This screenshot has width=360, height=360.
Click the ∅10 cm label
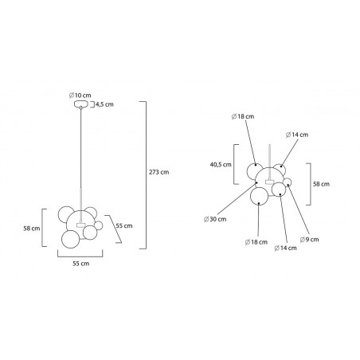click(80, 95)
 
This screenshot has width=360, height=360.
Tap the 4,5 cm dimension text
click(104, 104)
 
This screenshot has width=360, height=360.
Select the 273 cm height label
click(158, 172)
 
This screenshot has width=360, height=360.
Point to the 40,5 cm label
click(221, 165)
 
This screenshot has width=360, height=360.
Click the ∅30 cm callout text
click(215, 219)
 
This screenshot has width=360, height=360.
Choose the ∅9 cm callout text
click(309, 240)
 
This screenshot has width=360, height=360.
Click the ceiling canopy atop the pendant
click(80, 104)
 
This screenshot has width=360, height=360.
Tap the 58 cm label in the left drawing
click(32, 229)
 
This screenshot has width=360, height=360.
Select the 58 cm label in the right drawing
click(321, 184)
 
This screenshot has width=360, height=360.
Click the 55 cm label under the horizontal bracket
click(81, 264)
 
